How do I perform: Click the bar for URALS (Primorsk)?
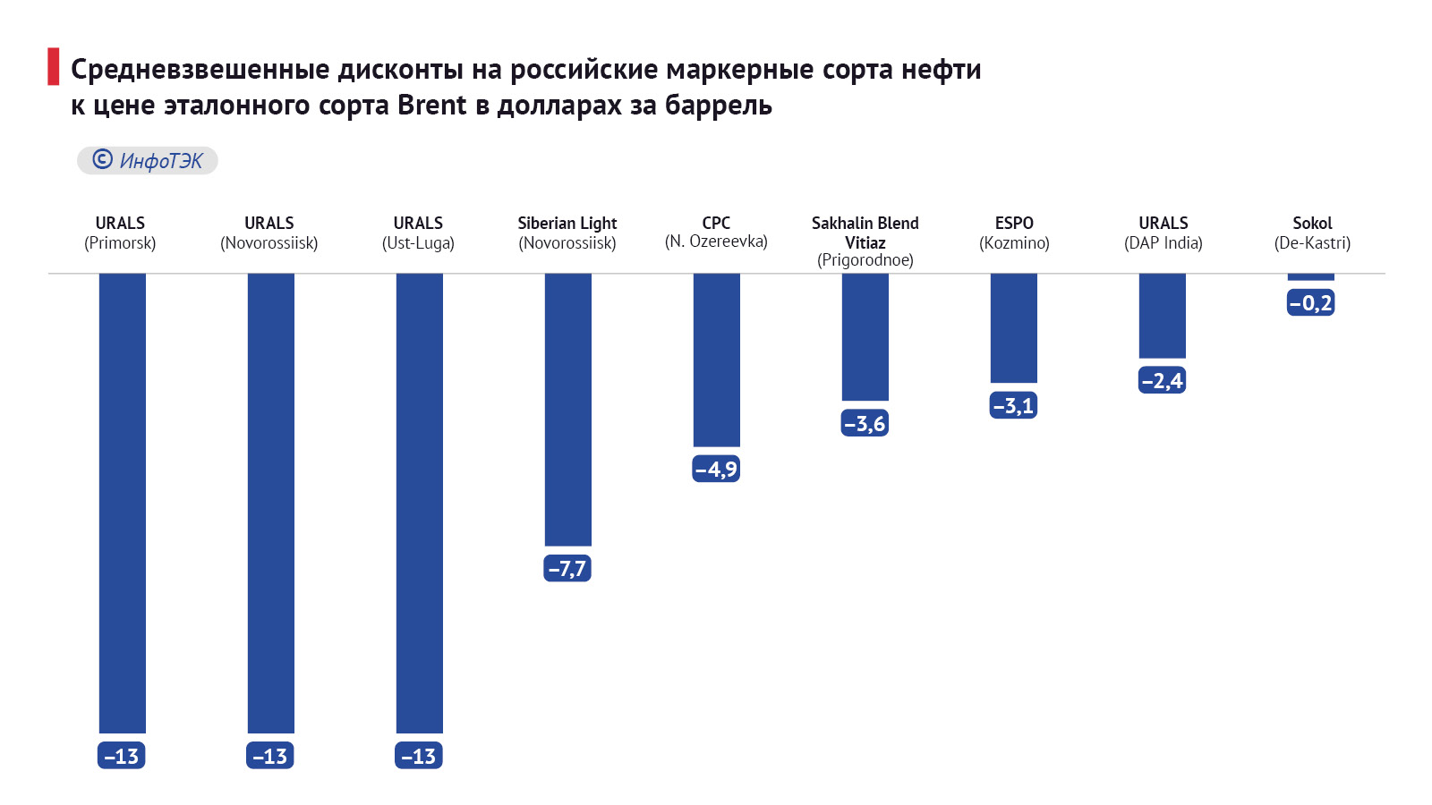tap(122, 503)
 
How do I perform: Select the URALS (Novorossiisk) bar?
tap(270, 503)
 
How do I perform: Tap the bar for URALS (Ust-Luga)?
tap(419, 503)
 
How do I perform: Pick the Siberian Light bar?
tap(567, 409)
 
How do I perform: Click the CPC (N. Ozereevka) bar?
tap(716, 360)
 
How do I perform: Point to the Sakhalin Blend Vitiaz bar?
tap(865, 336)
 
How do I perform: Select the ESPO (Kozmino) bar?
tap(1013, 327)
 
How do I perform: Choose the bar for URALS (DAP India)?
tap(1162, 315)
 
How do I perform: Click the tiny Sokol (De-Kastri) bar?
tap(1310, 277)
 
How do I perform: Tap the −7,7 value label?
tap(567, 568)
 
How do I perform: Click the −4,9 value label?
tap(716, 469)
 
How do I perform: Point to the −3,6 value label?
tap(865, 423)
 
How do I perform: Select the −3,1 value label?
tap(1013, 405)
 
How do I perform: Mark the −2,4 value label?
tap(1162, 380)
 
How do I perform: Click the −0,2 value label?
tap(1310, 303)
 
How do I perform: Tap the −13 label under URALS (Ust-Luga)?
tap(419, 756)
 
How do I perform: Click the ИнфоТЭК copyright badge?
tap(148, 160)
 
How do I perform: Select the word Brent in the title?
tap(431, 106)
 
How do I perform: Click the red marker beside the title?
tap(54, 67)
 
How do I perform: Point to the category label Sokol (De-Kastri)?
tap(1312, 233)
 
